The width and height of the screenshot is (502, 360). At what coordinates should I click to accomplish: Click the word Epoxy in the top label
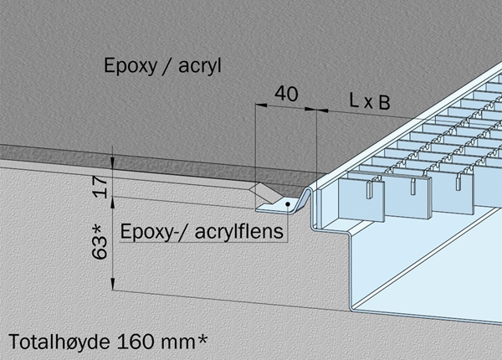[131, 66]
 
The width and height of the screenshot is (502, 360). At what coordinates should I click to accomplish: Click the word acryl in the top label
[200, 66]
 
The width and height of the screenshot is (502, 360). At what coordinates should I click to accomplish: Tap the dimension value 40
[286, 94]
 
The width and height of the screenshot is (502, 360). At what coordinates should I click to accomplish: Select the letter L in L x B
[354, 100]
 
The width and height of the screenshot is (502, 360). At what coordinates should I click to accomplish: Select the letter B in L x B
[385, 103]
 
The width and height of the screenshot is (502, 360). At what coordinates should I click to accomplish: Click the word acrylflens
[238, 231]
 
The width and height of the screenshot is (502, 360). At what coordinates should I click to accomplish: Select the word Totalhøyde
[59, 342]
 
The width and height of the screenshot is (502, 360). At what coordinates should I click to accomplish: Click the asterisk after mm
[202, 340]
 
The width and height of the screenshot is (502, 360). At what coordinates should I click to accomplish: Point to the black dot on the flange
[288, 203]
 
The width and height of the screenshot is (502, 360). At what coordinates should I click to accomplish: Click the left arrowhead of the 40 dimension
[261, 105]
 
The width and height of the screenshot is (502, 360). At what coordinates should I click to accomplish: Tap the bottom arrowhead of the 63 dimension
[113, 284]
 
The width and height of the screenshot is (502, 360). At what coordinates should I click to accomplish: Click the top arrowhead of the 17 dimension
[113, 163]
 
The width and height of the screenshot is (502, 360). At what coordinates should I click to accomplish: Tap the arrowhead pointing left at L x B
[322, 111]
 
